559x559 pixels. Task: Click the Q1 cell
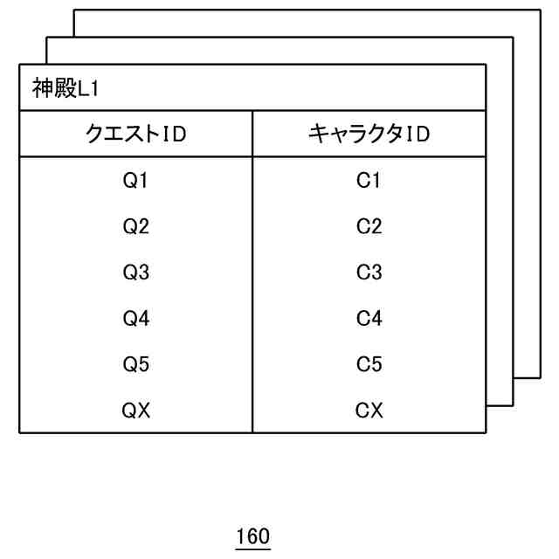click(x=136, y=182)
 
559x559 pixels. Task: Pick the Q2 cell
click(x=136, y=227)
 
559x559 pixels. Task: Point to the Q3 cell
click(x=136, y=273)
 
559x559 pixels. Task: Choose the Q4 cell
click(x=136, y=319)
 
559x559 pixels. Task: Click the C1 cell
click(x=369, y=182)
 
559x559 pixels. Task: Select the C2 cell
click(x=369, y=227)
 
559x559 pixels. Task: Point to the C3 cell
click(x=369, y=273)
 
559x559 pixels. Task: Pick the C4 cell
click(x=369, y=319)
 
